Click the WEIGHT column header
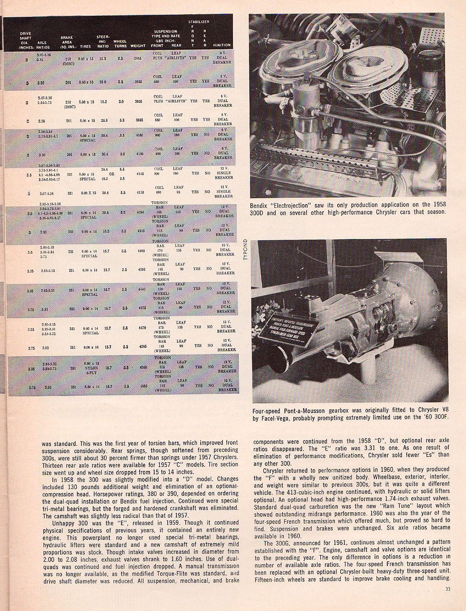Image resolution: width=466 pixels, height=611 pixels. pos(138,45)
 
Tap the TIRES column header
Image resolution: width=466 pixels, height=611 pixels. pos(86,45)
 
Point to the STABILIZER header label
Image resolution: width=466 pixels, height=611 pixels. pos(199,21)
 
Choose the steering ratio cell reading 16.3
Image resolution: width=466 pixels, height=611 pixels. pos(105,231)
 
